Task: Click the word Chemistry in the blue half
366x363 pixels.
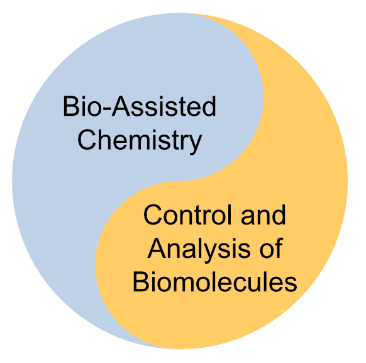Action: [x=140, y=141]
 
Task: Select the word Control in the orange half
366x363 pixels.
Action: [x=187, y=215]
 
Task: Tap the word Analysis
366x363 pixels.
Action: [x=199, y=249]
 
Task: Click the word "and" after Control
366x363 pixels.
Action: [x=263, y=215]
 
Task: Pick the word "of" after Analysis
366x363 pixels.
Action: [x=272, y=248]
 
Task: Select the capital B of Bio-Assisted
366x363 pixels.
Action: [x=70, y=106]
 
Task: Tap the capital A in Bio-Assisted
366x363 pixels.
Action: [x=121, y=106]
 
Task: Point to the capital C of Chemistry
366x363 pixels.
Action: [x=87, y=140]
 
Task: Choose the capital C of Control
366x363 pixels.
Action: [x=152, y=215]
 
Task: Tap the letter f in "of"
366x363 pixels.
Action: [x=279, y=248]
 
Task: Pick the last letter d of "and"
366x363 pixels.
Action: [x=279, y=215]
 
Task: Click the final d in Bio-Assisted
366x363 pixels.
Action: [x=209, y=106]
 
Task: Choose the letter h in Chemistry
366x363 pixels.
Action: [x=104, y=140]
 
